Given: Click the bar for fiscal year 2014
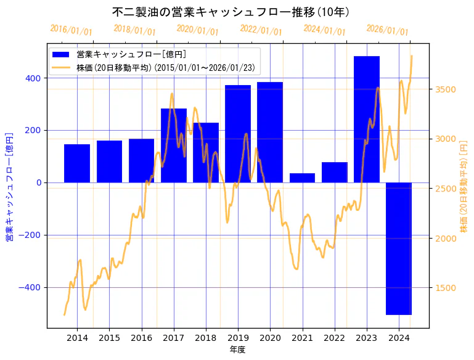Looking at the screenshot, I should coord(77,163).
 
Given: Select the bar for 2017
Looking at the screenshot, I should coord(174,145).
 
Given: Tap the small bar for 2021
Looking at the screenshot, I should coord(302,178).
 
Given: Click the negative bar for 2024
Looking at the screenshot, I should coord(398,248).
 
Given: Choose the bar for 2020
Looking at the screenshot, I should coord(270,132).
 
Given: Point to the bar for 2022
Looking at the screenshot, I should coord(334,173).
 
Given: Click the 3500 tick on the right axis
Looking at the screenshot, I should coord(444,89).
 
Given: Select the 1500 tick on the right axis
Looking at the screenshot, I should coord(444,288).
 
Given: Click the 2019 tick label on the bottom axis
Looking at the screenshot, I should coord(238,338).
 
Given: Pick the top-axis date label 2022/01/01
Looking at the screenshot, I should coord(261,31).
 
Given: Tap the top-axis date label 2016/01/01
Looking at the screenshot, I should coord(71,30).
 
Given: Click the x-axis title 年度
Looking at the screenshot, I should coord(237,350).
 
